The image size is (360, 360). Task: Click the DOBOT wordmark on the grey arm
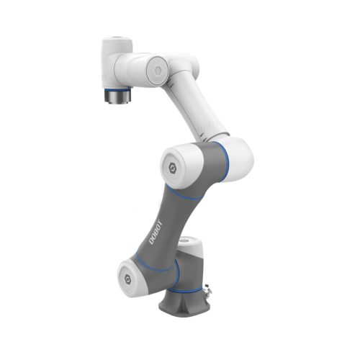pos(156,230)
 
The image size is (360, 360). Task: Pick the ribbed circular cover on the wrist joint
pos(153,69)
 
